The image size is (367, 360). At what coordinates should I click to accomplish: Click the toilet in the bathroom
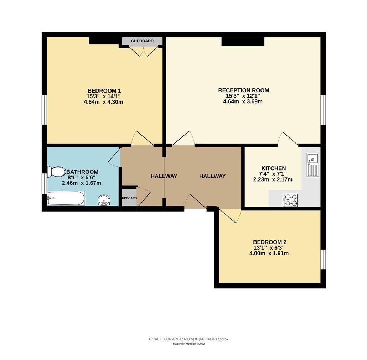coord(56,172)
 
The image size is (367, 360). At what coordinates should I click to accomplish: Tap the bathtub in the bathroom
coord(66,198)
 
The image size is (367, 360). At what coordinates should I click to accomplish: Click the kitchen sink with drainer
coord(313,165)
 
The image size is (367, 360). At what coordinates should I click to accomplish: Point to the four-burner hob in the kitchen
coord(290,200)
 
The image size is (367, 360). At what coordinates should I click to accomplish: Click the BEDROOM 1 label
coord(104,90)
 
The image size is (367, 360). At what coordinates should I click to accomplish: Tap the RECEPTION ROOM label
coord(243,90)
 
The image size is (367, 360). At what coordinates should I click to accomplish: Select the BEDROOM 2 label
coord(270,242)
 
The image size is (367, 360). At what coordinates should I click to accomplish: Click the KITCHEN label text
coord(273,168)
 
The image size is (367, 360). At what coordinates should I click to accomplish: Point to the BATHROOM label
coord(82,172)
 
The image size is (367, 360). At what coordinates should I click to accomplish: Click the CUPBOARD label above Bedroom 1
coord(142,41)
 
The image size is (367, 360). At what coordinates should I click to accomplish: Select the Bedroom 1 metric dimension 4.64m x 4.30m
coord(103,102)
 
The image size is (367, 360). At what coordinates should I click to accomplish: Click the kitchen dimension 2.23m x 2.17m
coord(273,180)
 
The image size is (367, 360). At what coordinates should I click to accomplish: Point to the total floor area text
coord(188,339)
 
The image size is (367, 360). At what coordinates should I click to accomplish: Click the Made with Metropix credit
coord(188,344)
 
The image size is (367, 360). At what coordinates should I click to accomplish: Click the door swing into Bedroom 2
coord(229,215)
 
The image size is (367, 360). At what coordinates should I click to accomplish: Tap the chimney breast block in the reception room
coord(243,41)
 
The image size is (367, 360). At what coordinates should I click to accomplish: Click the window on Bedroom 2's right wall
coord(323,259)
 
